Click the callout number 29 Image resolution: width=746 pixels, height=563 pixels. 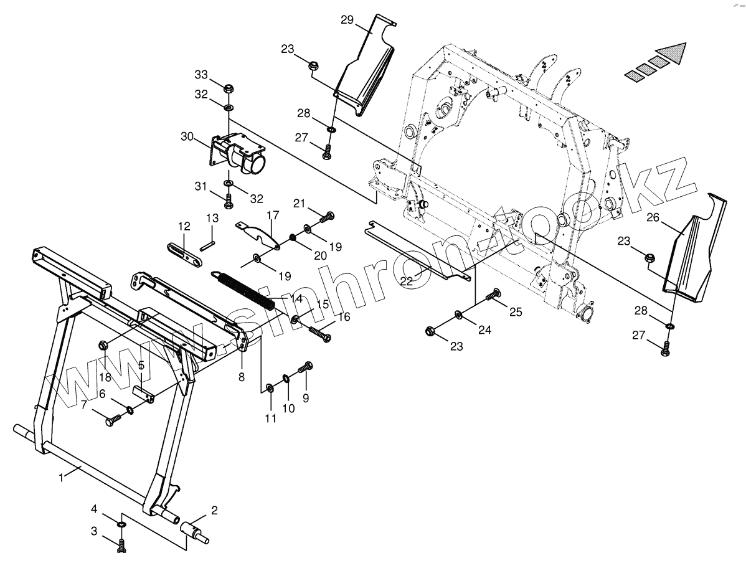tap(347, 20)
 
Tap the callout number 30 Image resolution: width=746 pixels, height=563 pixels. tap(187, 136)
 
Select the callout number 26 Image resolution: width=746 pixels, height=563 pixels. tap(653, 217)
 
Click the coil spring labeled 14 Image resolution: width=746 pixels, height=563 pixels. tap(244, 288)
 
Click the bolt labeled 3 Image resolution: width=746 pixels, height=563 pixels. tap(121, 546)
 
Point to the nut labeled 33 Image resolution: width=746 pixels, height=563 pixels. tap(228, 87)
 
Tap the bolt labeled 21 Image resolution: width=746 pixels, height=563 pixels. tap(328, 216)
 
